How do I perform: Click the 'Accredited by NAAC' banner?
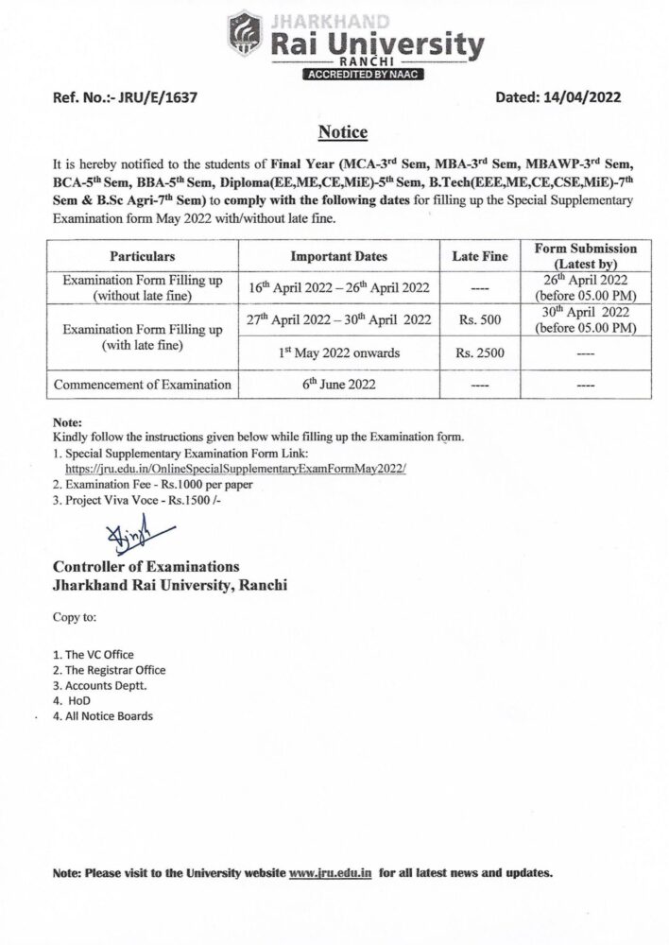(x=364, y=74)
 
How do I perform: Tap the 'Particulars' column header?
(x=143, y=256)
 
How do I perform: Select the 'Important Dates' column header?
(x=338, y=256)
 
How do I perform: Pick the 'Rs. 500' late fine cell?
(x=479, y=320)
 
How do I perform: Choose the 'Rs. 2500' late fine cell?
(x=479, y=353)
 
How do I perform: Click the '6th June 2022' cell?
(x=338, y=385)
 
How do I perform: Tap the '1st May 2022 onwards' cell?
(x=338, y=353)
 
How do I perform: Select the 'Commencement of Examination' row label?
(x=143, y=385)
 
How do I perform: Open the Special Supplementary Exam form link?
(x=235, y=468)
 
